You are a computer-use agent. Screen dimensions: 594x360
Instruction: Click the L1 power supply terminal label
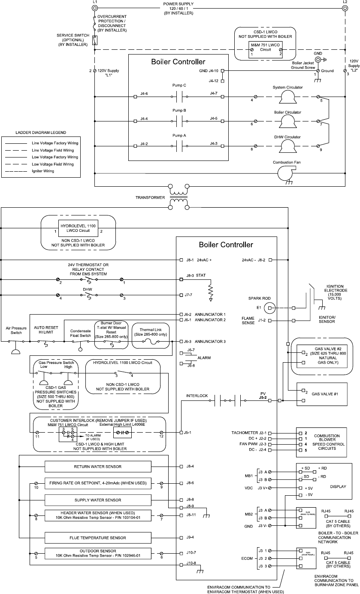point(95,2)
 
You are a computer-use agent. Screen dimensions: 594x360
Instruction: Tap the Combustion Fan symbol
point(287,173)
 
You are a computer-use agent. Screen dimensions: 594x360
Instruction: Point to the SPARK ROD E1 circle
point(269,307)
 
